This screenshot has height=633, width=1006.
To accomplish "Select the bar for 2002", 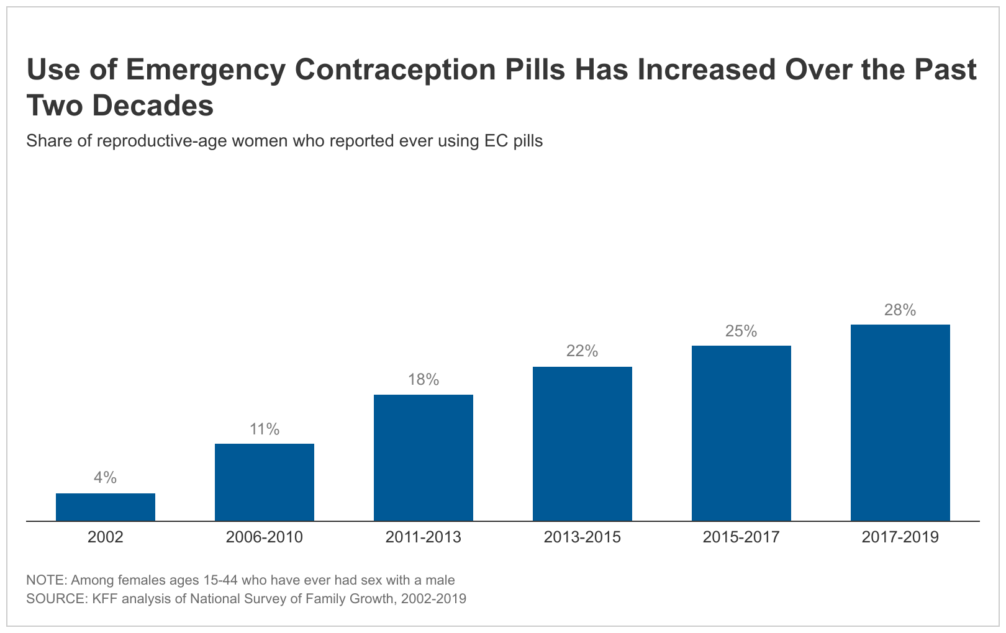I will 106,506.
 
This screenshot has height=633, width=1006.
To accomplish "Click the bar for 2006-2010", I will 265,482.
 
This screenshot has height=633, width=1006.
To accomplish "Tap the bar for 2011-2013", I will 424,457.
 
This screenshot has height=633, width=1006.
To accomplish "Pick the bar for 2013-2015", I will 582,443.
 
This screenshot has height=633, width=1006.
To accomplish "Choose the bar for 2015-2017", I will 741,433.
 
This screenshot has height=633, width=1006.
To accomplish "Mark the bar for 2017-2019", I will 900,422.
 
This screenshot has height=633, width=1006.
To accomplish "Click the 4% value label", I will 106,477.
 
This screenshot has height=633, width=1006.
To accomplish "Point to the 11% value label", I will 265,429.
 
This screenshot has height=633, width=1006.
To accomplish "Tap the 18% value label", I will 424,379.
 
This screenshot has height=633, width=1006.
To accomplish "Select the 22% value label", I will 582,351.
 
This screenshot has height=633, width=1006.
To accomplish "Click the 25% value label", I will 741,331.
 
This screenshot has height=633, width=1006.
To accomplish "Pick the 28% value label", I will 900,310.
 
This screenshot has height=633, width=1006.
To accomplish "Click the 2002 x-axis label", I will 106,537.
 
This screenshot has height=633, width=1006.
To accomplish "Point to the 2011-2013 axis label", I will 424,537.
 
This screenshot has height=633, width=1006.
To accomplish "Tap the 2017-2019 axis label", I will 900,537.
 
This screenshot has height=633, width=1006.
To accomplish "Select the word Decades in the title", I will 153,106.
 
